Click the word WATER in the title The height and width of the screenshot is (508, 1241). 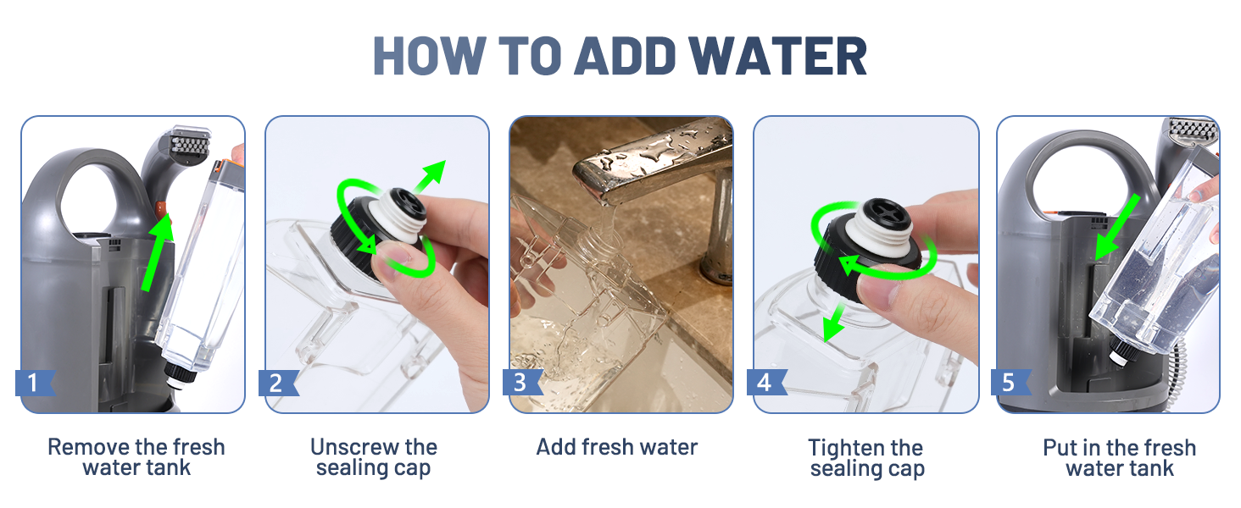pos(777,56)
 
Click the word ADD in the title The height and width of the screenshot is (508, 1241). pos(626,56)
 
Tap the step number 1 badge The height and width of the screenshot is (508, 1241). pos(35,383)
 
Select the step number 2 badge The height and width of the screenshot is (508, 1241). pos(279,383)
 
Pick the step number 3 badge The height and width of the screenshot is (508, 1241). pos(522,383)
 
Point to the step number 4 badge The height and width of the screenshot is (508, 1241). pos(767,383)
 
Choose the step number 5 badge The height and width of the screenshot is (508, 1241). pos(1010,383)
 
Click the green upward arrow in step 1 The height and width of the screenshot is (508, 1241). pos(158,251)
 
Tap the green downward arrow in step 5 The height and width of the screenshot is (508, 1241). pos(1117,227)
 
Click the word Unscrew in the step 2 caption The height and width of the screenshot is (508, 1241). pos(350,447)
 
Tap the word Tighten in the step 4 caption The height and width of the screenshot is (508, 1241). pos(842,448)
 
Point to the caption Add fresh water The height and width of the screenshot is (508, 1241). pos(616,447)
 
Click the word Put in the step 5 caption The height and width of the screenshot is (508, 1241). pos(1060,448)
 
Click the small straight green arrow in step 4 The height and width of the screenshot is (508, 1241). pos(834,323)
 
